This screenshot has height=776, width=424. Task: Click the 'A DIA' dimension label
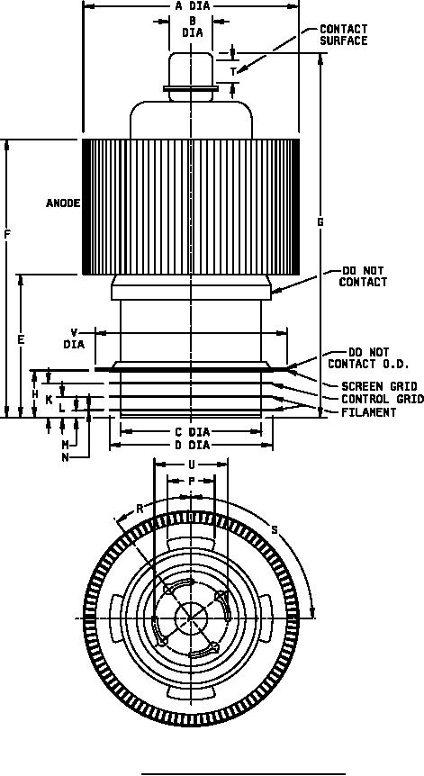[193, 6]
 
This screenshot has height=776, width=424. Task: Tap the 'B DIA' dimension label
[193, 27]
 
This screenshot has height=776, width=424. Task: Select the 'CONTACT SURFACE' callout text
[343, 35]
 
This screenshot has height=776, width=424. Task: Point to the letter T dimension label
[233, 72]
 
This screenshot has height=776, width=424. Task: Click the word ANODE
[63, 203]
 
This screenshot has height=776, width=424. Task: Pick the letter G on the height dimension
[320, 222]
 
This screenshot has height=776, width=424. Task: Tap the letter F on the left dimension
[7, 234]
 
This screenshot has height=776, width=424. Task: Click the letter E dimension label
[21, 340]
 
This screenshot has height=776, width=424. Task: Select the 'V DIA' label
[74, 338]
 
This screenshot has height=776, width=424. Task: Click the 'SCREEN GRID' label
[379, 386]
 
